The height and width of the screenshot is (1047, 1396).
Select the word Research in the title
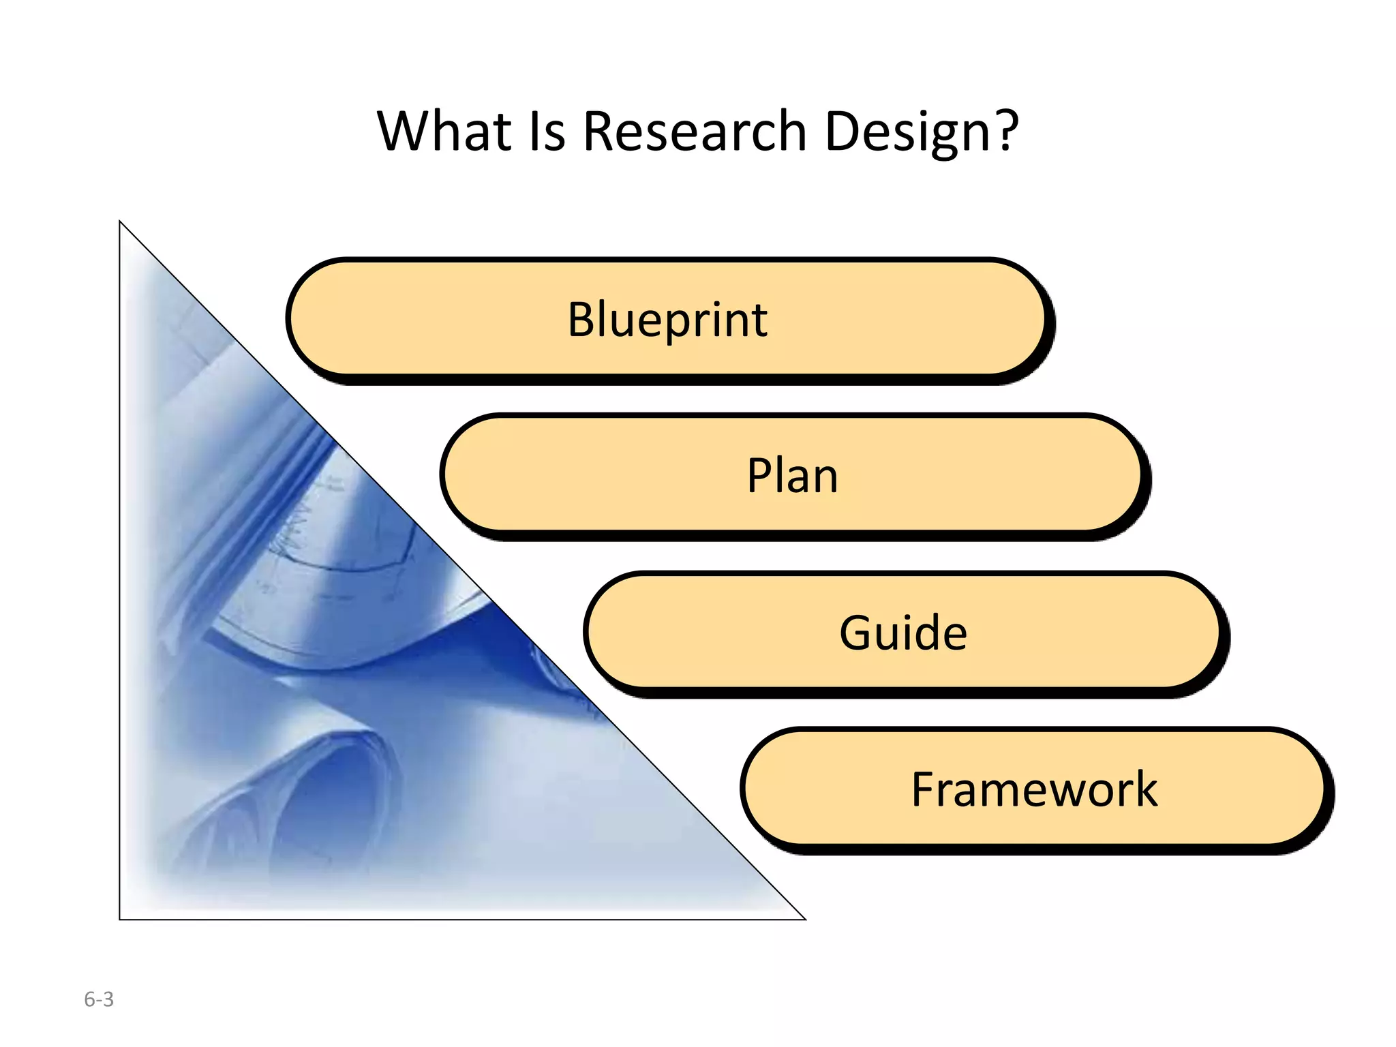pos(695,131)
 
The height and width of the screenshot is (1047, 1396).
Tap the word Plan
pos(792,475)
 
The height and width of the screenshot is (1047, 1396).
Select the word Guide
pos(902,633)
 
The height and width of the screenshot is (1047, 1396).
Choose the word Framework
pos(1034,789)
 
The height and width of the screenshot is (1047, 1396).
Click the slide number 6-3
pos(99,999)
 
